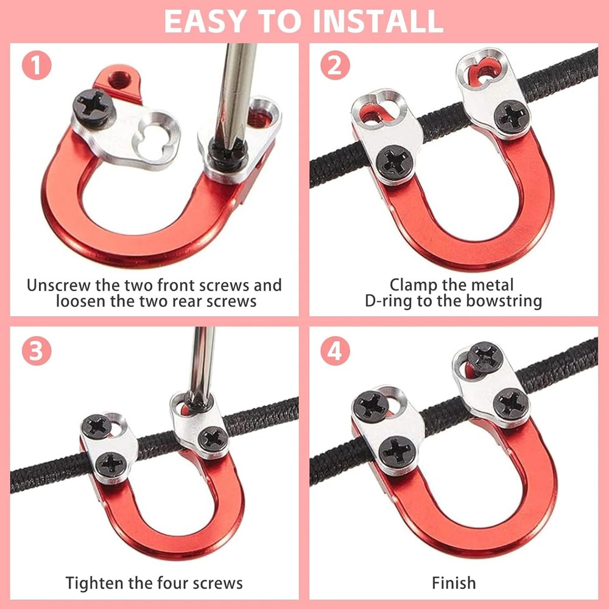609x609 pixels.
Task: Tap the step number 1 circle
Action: pyautogui.click(x=38, y=66)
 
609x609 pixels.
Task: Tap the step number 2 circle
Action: pyautogui.click(x=335, y=66)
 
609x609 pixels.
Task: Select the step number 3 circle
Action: pyautogui.click(x=38, y=351)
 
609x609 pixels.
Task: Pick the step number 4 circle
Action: pyautogui.click(x=335, y=351)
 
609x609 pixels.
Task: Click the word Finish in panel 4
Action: pyautogui.click(x=454, y=583)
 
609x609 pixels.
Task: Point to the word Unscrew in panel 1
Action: pyautogui.click(x=58, y=285)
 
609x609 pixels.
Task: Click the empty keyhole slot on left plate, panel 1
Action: pyautogui.click(x=150, y=131)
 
